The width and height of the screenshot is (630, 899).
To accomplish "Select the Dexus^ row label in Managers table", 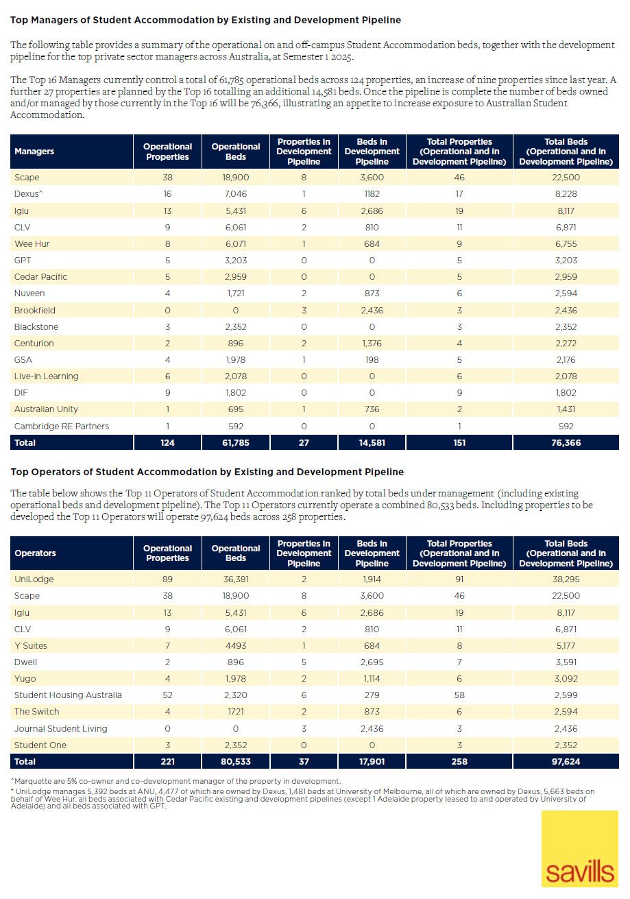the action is click(29, 194).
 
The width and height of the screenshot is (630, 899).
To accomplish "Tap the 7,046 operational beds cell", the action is click(236, 194).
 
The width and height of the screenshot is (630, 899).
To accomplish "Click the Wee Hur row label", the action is click(32, 244).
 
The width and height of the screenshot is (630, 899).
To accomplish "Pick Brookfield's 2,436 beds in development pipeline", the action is click(372, 310).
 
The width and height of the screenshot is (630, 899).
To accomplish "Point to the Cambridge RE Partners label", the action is click(62, 427).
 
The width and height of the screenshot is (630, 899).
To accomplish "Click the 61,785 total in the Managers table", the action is click(236, 443).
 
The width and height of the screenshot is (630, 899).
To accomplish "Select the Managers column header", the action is click(34, 152).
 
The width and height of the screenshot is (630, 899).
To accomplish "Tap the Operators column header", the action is click(36, 553).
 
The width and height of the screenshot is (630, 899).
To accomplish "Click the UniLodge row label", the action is click(34, 579).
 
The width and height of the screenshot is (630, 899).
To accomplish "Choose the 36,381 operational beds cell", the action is click(236, 579).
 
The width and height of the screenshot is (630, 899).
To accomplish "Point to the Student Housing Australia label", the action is click(68, 695).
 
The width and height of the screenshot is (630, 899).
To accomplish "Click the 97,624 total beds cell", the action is click(566, 761).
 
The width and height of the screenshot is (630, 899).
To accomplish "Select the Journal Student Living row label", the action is click(61, 728).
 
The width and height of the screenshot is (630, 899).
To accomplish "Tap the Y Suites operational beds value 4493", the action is click(236, 646).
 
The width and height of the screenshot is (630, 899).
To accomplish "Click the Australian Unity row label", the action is click(46, 409).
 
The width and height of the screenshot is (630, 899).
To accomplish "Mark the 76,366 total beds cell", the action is click(566, 443).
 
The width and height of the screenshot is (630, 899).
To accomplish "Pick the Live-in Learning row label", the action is click(47, 376).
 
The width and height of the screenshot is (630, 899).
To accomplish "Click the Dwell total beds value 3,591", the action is click(566, 662).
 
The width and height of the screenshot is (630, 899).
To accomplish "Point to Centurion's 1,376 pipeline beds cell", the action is click(372, 344).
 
